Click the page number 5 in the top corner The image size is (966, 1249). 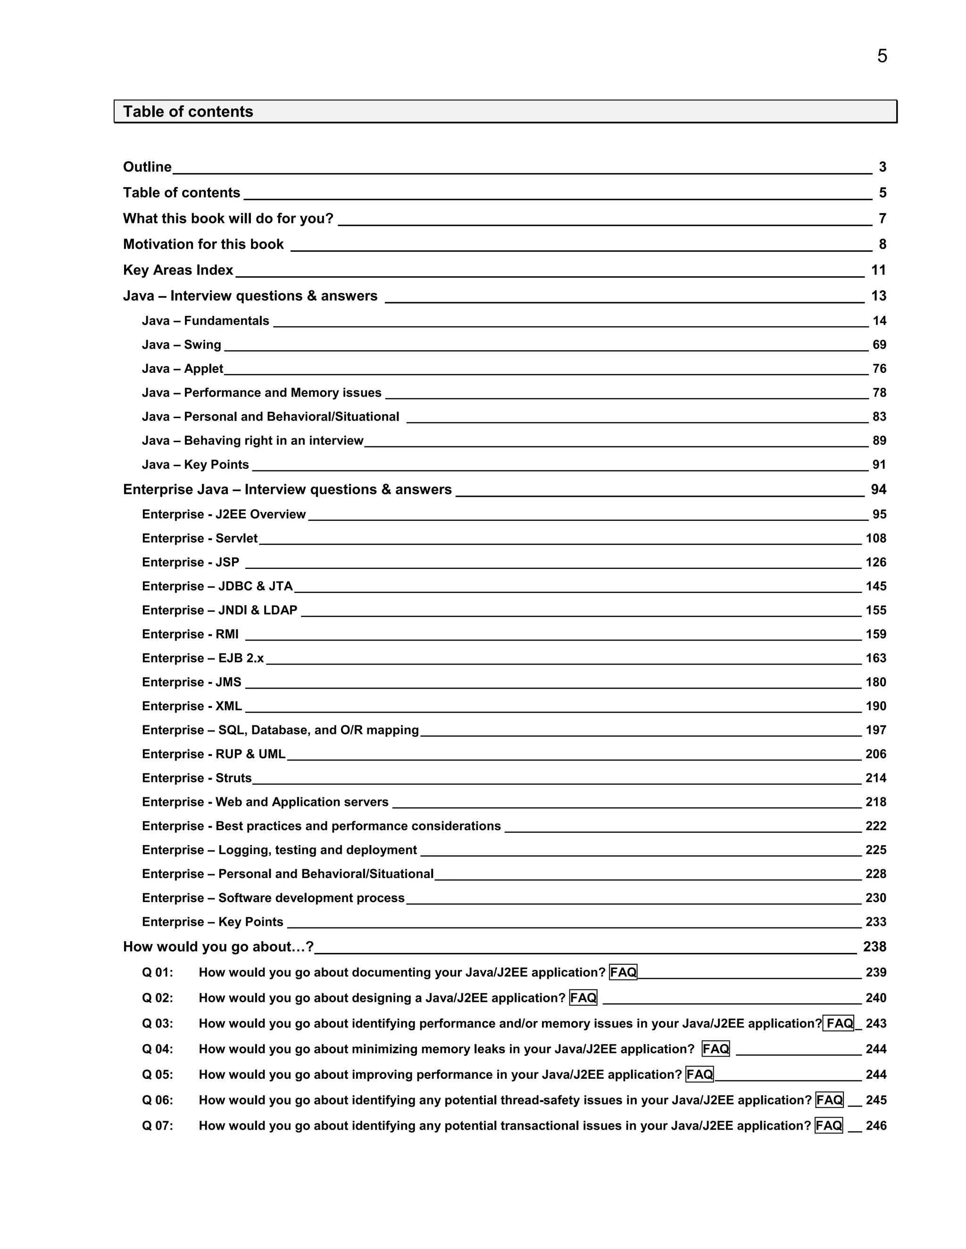882,56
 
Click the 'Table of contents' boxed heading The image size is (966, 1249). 188,112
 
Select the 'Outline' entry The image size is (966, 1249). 147,167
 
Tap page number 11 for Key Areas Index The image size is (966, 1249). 878,270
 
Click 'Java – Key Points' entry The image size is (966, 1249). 195,465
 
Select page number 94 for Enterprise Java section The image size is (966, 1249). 878,490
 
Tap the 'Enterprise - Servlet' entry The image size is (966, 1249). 200,539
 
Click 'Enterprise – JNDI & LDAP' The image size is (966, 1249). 220,611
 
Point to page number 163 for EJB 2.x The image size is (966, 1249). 875,659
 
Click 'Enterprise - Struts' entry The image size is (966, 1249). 197,778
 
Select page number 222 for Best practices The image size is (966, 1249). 875,826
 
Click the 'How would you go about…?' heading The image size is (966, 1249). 218,947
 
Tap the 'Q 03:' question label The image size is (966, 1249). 158,1024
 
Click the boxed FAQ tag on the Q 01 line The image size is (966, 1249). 623,973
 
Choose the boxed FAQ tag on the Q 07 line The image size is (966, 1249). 829,1126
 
